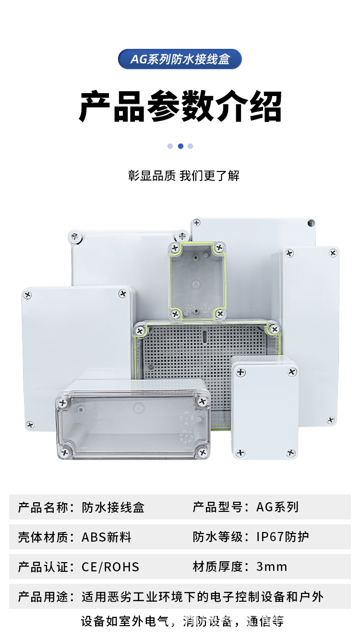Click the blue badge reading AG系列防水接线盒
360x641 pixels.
180,59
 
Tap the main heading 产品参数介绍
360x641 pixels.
180,107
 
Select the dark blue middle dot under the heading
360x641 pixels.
180,146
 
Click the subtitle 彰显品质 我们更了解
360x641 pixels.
183,176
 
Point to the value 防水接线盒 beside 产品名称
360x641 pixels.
113,507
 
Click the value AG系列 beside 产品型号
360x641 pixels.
277,507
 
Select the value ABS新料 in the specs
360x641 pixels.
107,537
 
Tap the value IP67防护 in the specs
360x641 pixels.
282,537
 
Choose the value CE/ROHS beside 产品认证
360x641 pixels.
110,567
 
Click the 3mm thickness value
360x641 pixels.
272,567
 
